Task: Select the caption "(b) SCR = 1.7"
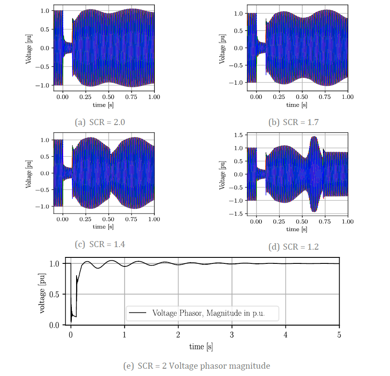[294, 122]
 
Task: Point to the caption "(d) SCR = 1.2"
[294, 247]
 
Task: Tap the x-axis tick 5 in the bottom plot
[339, 335]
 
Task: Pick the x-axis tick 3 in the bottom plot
[232, 335]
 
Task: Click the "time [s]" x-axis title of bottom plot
[201, 346]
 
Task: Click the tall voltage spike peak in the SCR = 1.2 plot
[314, 137]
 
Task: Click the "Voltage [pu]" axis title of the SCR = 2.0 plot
[28, 48]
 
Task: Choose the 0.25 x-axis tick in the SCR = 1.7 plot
[279, 97]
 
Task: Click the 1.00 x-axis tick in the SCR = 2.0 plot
[154, 97]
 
